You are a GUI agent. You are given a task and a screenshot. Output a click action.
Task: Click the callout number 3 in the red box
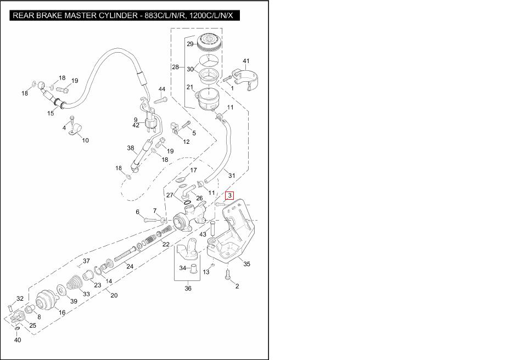(231, 195)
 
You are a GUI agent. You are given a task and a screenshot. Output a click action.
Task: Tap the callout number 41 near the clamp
(246, 61)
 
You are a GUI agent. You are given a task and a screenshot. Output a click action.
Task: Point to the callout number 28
(175, 67)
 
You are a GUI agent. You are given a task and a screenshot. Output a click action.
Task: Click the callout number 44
(162, 89)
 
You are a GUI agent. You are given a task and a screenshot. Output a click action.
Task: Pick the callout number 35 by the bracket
(247, 264)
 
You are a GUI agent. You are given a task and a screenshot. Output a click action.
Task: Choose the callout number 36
(188, 289)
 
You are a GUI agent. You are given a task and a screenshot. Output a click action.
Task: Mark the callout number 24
(130, 267)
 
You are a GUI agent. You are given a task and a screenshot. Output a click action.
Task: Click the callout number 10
(85, 140)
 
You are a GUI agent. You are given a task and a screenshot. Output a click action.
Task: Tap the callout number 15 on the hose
(51, 114)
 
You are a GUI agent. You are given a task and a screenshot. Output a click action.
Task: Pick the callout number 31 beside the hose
(232, 176)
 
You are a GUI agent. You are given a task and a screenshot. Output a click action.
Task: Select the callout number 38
(131, 148)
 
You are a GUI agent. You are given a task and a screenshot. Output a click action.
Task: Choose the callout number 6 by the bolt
(138, 212)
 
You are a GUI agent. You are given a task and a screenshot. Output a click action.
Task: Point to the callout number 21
(189, 87)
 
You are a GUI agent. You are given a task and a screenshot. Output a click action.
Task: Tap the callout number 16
(62, 312)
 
